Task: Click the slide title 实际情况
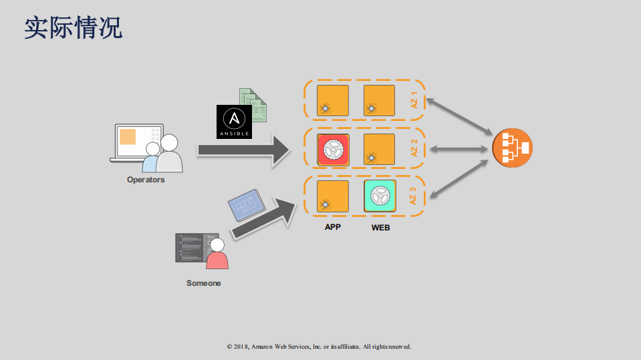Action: tap(74, 28)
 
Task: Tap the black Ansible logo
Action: tap(234, 122)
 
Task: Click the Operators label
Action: tap(146, 180)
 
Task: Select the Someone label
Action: tap(203, 283)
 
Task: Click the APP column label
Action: tap(333, 227)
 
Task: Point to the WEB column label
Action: tap(380, 228)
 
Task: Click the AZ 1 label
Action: tap(414, 100)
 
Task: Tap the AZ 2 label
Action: tap(414, 148)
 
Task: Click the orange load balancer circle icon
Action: tap(512, 148)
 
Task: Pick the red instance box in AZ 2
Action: tap(332, 150)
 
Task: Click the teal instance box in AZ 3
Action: tap(380, 196)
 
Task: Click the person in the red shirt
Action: tap(217, 254)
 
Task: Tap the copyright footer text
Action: tap(319, 347)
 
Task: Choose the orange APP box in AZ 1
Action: tap(332, 101)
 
